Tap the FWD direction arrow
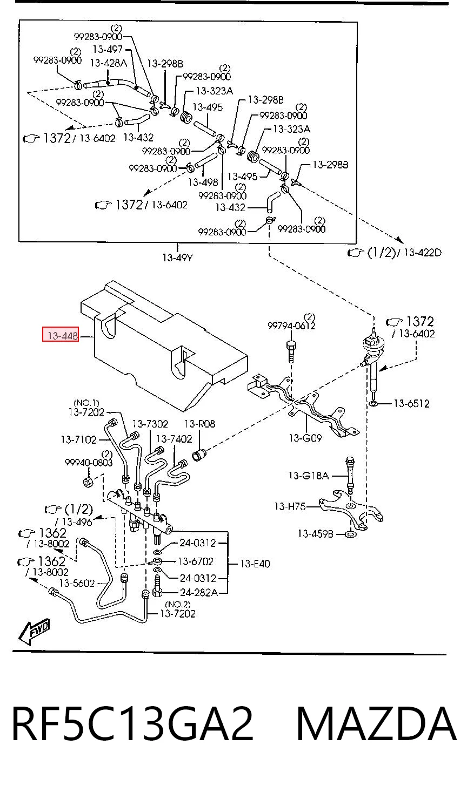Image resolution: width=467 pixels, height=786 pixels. [x=34, y=632]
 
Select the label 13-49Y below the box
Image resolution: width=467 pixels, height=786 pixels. [x=177, y=258]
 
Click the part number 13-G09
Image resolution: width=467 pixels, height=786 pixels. [x=305, y=438]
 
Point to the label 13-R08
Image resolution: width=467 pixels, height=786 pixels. [x=199, y=424]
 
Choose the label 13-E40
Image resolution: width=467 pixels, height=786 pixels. [x=255, y=564]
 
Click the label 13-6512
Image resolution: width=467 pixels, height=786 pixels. [x=411, y=404]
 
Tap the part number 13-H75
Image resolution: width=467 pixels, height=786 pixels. [x=290, y=506]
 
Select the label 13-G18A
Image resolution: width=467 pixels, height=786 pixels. [x=309, y=476]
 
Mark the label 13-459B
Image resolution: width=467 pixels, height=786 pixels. [x=315, y=534]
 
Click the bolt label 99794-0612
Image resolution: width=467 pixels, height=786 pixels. [x=291, y=326]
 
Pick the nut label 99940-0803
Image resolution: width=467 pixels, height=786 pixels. [x=89, y=463]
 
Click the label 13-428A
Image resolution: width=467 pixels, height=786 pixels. [x=108, y=63]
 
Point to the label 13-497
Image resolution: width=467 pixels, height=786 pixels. [x=108, y=49]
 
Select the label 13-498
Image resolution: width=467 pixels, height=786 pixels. [x=203, y=182]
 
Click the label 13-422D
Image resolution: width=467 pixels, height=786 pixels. [x=422, y=252]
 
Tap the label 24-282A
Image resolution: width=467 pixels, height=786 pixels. [x=198, y=593]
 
